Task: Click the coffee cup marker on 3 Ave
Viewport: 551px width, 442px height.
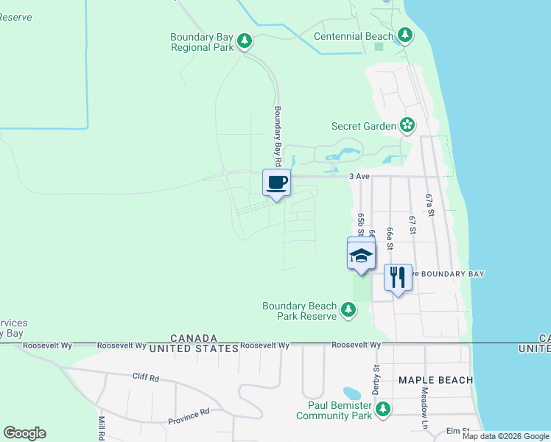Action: (x=277, y=183)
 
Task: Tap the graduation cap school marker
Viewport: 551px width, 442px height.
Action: (x=361, y=256)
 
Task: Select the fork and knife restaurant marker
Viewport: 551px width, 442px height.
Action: (x=398, y=278)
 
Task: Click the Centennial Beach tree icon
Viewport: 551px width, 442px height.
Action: (x=404, y=35)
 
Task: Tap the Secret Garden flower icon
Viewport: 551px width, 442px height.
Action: (x=407, y=126)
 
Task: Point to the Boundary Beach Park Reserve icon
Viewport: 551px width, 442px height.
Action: (x=348, y=311)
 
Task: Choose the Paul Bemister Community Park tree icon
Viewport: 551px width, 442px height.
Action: (x=382, y=410)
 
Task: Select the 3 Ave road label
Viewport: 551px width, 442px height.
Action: (x=359, y=176)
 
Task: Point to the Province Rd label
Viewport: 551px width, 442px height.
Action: (x=189, y=416)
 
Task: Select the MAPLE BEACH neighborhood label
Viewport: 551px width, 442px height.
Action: (x=434, y=380)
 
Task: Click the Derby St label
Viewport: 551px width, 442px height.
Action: (x=376, y=379)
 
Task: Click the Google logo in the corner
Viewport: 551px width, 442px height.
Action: (x=25, y=433)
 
